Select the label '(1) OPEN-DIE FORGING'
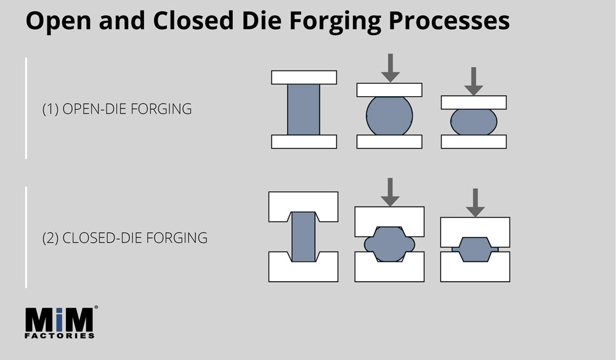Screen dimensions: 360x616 point(116,109)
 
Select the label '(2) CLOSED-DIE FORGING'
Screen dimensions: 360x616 point(124,237)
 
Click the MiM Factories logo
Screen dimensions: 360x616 point(60,321)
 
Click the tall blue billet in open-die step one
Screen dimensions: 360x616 point(304,109)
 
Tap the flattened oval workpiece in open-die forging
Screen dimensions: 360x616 point(473,121)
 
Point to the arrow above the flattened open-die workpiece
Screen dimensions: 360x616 point(473,81)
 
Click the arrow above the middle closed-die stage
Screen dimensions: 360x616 point(389,192)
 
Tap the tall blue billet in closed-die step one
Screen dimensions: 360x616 point(303,237)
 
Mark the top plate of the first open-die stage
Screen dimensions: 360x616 point(304,77)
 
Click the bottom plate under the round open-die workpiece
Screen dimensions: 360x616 point(389,142)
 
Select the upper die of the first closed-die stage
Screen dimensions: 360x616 point(303,203)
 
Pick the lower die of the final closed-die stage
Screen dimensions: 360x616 point(475,271)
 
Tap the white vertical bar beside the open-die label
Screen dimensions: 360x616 point(26,108)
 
